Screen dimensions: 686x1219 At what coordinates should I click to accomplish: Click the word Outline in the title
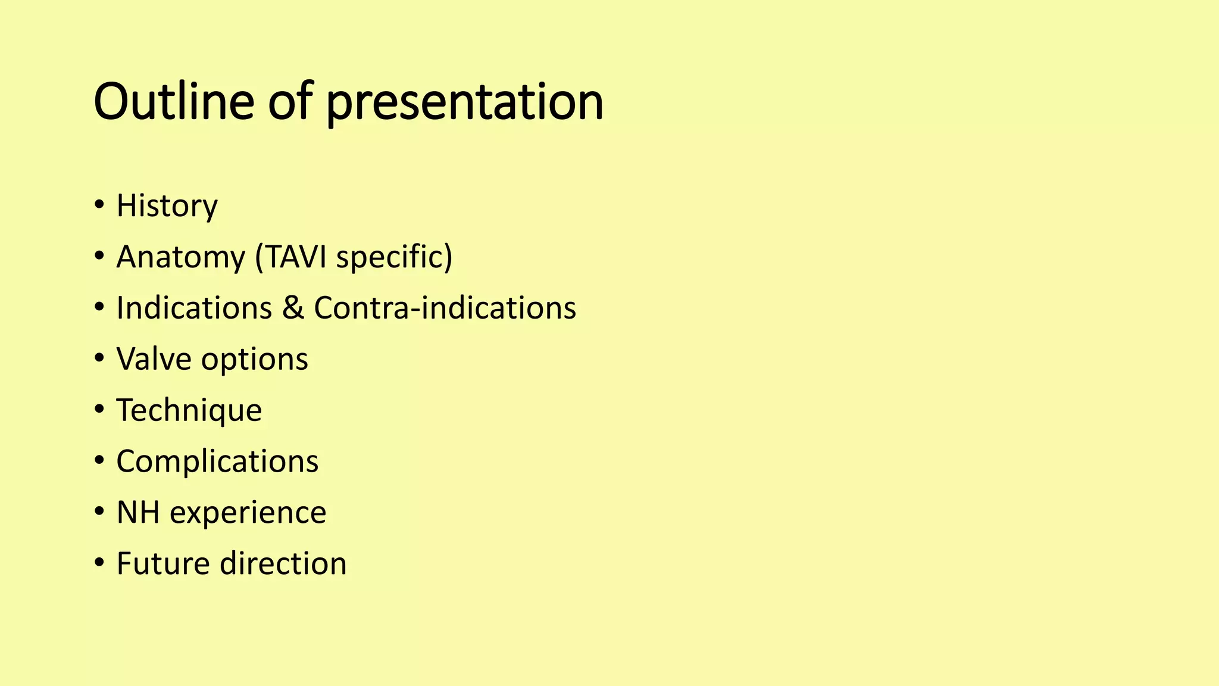(174, 101)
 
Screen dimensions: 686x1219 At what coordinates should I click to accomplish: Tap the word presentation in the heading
(464, 102)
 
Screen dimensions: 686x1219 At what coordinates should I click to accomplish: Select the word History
(167, 206)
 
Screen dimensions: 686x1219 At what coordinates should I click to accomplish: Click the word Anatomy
(180, 257)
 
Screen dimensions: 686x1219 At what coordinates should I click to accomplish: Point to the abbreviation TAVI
(296, 257)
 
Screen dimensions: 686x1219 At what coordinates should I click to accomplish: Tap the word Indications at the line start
(194, 308)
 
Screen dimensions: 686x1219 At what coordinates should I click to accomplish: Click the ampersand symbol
(292, 308)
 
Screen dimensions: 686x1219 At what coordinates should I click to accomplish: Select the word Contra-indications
(445, 308)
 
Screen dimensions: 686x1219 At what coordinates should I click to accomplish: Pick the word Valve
(154, 359)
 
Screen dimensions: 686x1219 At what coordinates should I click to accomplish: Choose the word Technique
(189, 411)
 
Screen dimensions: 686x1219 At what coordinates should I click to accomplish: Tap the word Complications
(217, 462)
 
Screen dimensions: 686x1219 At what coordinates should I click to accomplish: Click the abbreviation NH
(137, 512)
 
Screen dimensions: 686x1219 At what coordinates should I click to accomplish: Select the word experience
(248, 513)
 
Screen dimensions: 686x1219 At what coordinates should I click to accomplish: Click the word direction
(283, 563)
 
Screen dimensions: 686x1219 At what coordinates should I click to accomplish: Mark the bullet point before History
(99, 206)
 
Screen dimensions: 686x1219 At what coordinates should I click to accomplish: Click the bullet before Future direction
(99, 563)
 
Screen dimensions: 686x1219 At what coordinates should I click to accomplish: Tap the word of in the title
(290, 101)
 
